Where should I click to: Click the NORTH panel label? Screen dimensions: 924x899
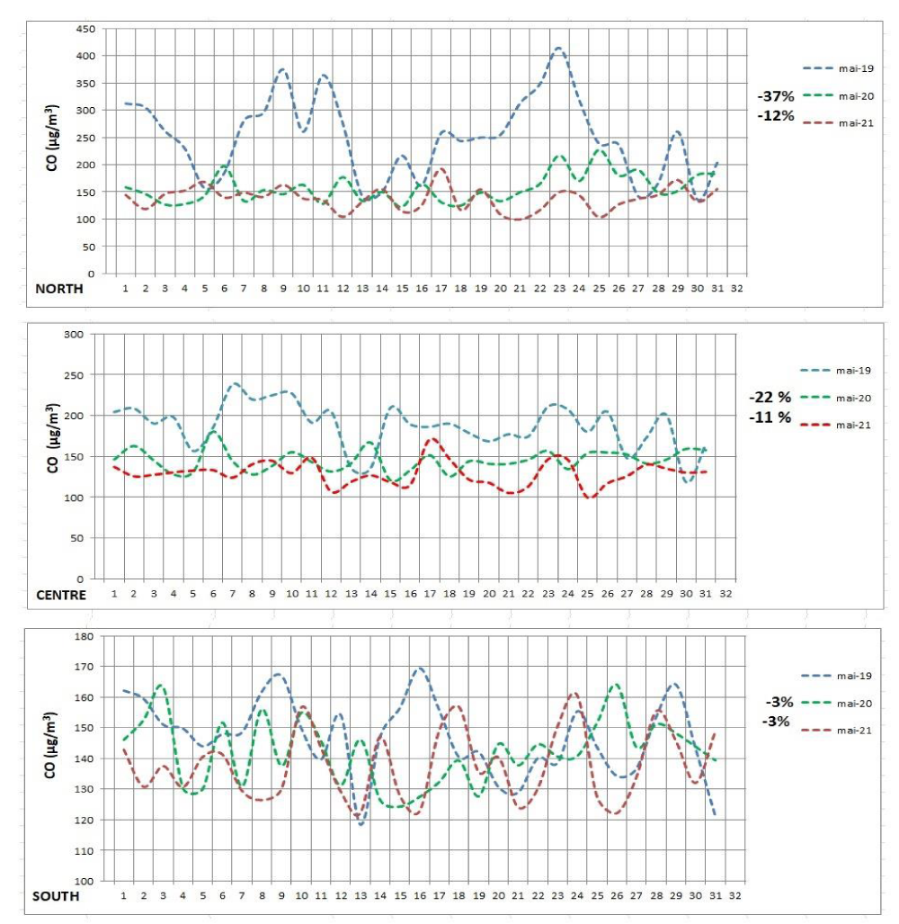click(x=59, y=289)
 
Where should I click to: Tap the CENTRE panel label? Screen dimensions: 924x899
click(x=61, y=595)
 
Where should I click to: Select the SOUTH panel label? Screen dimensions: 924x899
click(x=56, y=896)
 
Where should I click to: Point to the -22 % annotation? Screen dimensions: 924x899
click(x=770, y=397)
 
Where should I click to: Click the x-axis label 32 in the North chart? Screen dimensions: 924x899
click(x=737, y=289)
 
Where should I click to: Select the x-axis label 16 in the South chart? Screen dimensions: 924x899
click(x=420, y=896)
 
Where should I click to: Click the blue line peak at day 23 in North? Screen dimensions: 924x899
click(x=559, y=48)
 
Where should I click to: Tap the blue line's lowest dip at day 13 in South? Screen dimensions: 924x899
click(x=361, y=824)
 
